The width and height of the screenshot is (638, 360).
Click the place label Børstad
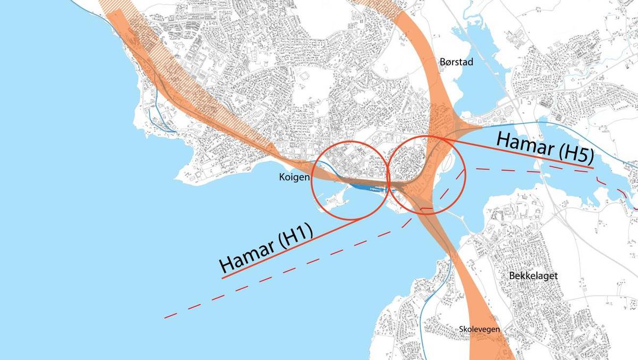456,62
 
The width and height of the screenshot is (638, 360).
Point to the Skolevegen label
480,330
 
